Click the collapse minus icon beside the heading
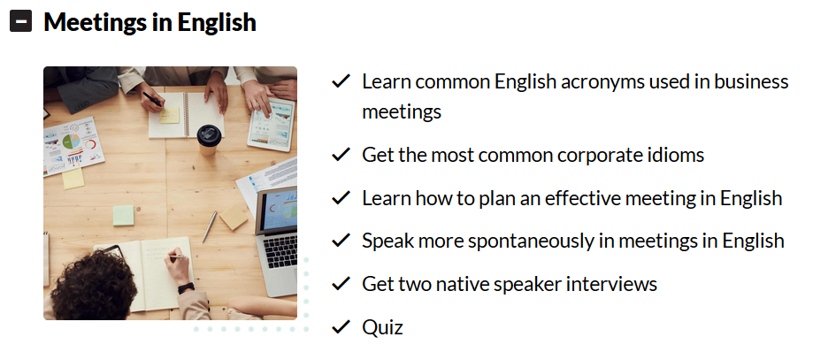tap(21, 21)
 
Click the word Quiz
tap(382, 327)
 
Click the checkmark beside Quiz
tap(341, 326)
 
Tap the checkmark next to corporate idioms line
tap(341, 155)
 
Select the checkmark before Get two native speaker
tap(341, 284)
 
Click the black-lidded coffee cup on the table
tap(209, 139)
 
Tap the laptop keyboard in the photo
tap(280, 249)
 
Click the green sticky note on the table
tap(123, 216)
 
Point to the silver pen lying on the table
tap(210, 226)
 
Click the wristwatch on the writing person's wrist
tap(186, 288)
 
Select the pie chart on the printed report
tap(71, 142)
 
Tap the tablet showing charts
tap(272, 124)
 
